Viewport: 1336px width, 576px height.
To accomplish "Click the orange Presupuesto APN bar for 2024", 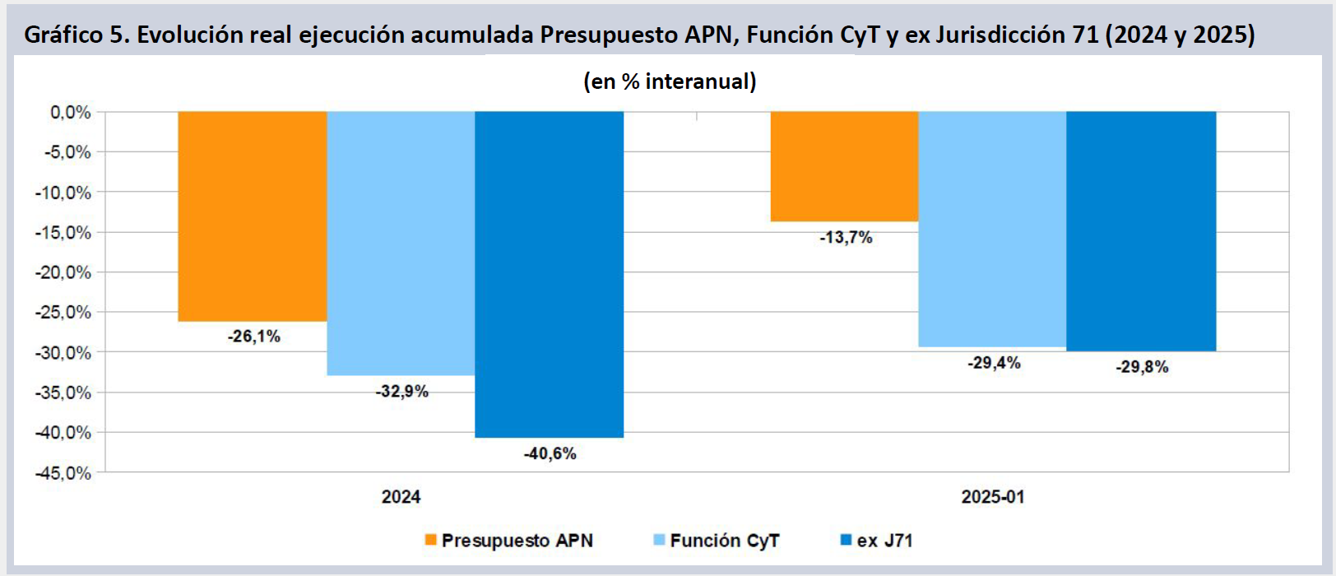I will click(253, 216).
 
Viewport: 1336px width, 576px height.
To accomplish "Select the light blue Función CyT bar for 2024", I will click(401, 243).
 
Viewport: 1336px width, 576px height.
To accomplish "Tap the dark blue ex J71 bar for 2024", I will click(549, 274).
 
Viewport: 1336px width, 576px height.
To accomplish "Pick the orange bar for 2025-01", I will click(844, 166).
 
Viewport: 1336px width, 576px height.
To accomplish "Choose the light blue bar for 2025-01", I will click(992, 229).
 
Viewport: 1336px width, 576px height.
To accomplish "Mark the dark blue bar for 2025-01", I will click(1141, 231).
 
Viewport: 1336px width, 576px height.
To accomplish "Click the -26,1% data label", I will click(254, 337).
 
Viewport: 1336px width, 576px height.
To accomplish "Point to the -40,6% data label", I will click(550, 454).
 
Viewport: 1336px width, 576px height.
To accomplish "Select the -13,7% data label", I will click(846, 238).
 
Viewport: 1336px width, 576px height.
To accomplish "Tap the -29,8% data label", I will click(1142, 367).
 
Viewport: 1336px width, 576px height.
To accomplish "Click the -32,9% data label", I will click(402, 392).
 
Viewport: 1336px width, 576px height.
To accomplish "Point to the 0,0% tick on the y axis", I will click(71, 113).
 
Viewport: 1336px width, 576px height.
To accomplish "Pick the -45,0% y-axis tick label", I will click(63, 473).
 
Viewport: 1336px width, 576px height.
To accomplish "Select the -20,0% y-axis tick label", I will click(63, 272).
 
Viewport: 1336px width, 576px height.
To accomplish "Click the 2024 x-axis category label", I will click(401, 497).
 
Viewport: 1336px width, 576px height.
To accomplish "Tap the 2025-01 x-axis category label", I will click(993, 497).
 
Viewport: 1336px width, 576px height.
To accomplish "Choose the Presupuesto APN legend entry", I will click(509, 541).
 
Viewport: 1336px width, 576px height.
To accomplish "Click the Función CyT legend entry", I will click(717, 541).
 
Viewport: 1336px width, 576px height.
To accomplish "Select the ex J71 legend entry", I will click(876, 541).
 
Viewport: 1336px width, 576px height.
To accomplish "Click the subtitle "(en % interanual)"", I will click(670, 81).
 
